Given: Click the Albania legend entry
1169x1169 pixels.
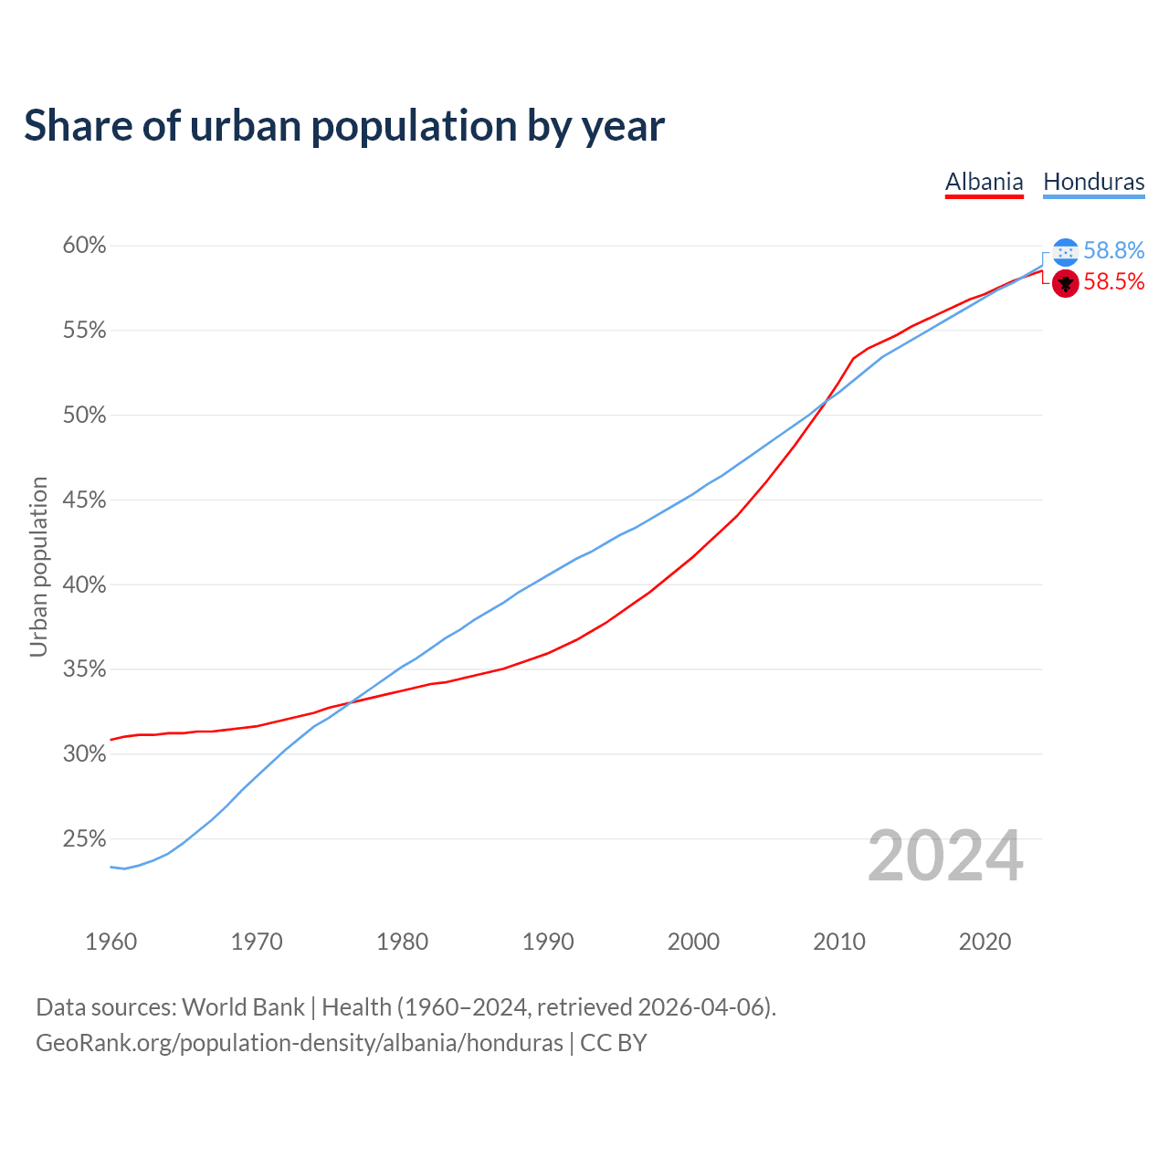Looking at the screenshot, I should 984,182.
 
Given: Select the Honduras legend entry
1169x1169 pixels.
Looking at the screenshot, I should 1093,182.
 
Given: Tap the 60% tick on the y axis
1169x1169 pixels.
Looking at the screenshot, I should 84,246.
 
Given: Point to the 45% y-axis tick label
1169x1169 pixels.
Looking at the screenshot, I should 84,500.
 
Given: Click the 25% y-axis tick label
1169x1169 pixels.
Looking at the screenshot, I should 84,839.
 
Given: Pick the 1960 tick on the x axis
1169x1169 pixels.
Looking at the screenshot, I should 111,942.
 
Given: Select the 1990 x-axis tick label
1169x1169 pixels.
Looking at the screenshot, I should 548,942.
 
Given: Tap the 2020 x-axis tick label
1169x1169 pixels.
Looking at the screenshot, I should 985,942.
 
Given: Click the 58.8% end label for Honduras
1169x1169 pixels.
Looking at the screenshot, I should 1113,251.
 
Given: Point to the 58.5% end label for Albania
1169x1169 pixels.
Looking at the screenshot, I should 1113,282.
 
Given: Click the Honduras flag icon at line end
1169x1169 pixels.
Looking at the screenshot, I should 1066,252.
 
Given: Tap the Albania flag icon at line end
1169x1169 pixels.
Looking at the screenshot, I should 1066,283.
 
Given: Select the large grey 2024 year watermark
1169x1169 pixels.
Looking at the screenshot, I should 945,857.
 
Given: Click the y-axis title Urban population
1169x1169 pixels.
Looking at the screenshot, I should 38,566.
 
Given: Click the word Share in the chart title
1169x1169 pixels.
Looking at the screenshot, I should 77,125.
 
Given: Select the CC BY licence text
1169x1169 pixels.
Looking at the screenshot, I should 614,1043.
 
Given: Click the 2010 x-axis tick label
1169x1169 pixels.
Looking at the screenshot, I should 839,942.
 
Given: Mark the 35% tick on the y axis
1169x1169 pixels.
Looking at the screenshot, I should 84,669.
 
